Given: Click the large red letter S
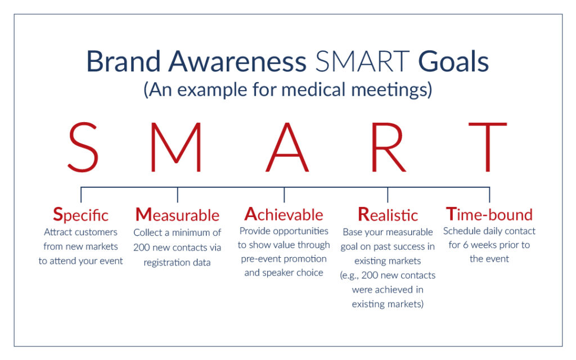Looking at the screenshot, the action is [x=83, y=147].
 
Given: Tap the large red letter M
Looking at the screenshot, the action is [x=176, y=147].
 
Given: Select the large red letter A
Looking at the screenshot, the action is [x=287, y=147].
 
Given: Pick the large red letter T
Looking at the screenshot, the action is [x=488, y=147].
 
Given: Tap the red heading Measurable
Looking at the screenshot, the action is [x=177, y=215].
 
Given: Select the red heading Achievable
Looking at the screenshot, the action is [x=284, y=214].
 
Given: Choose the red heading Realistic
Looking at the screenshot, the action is [x=388, y=215].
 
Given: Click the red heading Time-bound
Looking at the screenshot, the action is [x=489, y=214].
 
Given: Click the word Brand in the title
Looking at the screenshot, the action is [x=123, y=61].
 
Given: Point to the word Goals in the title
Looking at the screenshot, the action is [x=454, y=61].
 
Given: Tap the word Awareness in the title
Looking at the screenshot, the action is [x=237, y=61].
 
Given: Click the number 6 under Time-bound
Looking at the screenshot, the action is [x=465, y=245].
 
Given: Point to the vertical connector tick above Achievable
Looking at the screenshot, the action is [x=284, y=195].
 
